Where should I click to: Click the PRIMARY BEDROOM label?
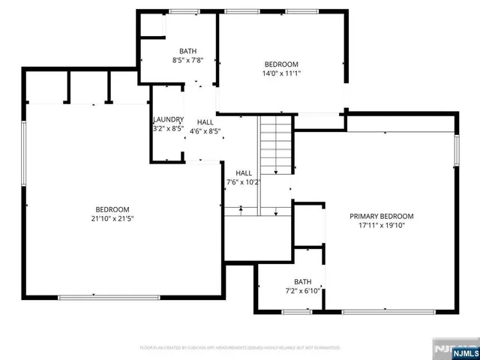381,216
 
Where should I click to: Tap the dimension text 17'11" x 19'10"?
381,225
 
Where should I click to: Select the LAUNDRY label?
168,120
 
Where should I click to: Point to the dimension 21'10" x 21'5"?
112,218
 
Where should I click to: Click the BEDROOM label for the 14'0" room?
281,64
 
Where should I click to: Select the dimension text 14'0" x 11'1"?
281,73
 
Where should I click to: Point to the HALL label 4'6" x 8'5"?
205,122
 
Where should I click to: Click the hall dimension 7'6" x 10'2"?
244,181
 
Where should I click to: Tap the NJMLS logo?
453,349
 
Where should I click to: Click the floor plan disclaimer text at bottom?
240,347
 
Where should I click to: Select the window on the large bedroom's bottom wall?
109,298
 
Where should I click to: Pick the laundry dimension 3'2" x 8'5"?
168,128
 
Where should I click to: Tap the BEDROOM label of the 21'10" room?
112,209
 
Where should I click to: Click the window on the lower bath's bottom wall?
297,311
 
